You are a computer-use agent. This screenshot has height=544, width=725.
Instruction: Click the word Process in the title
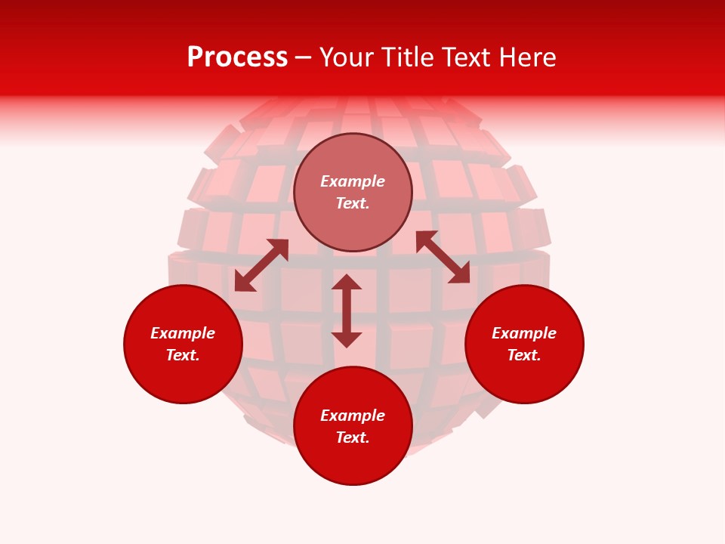237,57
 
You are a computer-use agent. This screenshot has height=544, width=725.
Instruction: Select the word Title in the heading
412,57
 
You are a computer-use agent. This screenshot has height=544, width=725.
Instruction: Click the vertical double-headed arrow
347,311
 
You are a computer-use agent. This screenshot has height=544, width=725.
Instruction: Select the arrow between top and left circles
261,265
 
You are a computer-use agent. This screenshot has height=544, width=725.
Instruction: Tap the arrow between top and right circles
443,257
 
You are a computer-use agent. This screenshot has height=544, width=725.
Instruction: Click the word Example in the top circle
353,181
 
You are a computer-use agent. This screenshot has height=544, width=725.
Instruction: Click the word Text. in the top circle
353,203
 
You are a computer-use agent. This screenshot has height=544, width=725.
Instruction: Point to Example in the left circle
183,333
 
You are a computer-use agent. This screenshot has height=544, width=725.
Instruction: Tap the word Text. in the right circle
524,355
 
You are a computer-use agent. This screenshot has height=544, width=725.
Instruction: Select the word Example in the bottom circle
353,416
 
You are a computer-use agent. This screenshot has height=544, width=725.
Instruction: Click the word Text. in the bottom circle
353,437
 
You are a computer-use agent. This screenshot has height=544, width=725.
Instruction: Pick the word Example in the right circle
524,333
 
